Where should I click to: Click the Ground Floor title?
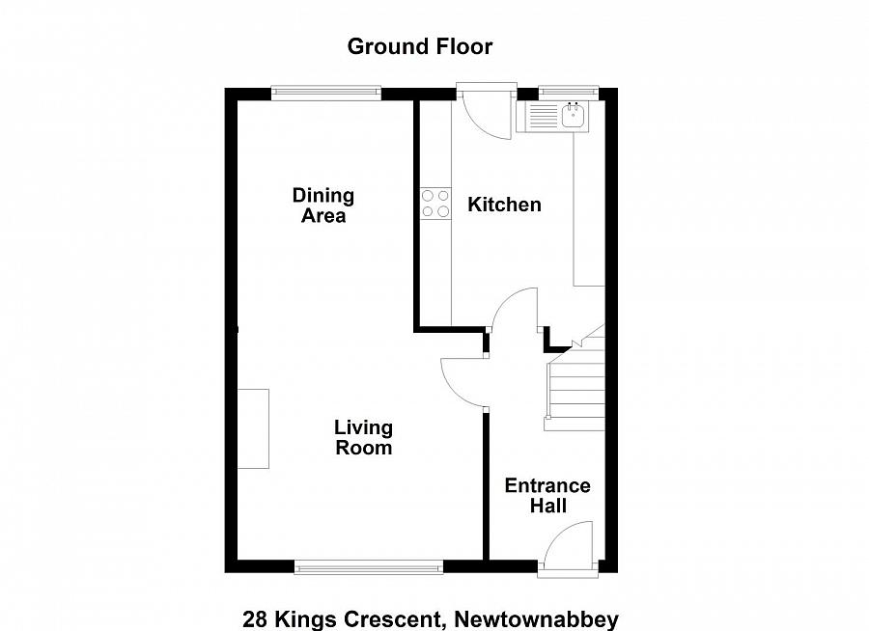(419, 46)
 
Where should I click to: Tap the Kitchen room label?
(504, 205)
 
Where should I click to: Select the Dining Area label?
(323, 206)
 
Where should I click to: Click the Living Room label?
(363, 437)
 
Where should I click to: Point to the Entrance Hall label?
(547, 496)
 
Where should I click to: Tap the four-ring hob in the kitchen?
(435, 204)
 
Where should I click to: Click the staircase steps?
(575, 390)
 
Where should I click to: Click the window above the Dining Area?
(325, 94)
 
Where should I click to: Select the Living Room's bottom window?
(369, 566)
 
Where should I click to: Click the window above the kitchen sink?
(570, 94)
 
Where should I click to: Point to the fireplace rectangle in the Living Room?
(254, 428)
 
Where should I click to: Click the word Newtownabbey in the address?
(537, 619)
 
